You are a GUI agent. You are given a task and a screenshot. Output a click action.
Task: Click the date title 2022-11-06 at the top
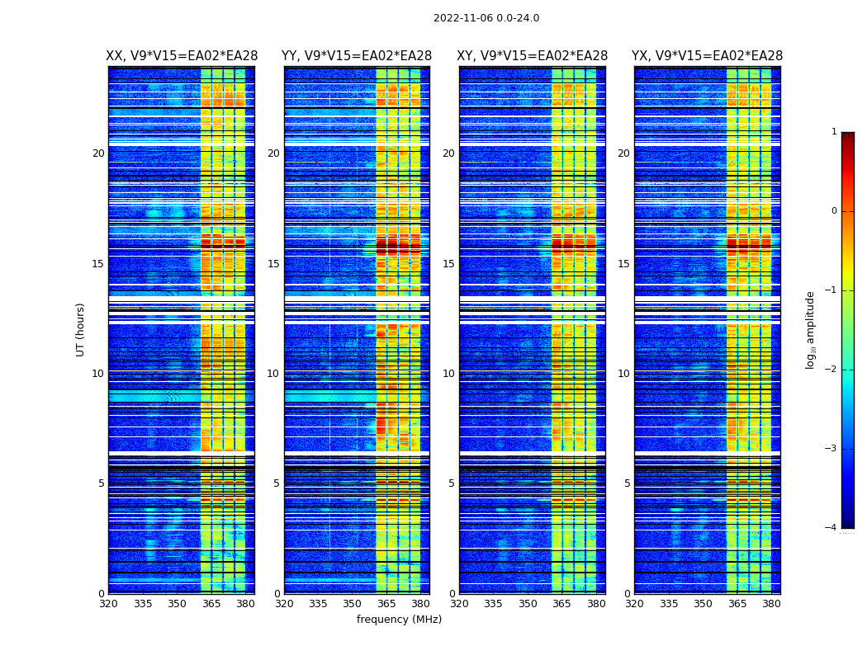point(486,18)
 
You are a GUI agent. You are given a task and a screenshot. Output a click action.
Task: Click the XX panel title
point(182,56)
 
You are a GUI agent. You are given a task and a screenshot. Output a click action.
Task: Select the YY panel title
point(357,56)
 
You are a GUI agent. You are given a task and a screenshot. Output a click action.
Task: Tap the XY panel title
point(532,56)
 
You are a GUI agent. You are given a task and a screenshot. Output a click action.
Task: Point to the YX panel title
point(707,56)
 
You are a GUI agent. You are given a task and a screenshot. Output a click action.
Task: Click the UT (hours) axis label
point(81,329)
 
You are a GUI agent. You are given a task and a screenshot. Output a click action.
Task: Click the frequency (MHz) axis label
point(399,620)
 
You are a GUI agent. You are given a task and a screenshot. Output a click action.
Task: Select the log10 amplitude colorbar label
point(811,329)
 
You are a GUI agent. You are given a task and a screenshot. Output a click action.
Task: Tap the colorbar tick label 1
point(834,132)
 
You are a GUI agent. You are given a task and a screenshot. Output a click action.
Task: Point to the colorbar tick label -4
point(831,528)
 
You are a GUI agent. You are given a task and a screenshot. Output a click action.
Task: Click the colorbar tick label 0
point(834,211)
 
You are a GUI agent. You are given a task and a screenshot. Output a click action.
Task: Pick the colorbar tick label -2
point(831,370)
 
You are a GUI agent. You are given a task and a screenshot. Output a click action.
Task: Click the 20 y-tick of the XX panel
point(98,153)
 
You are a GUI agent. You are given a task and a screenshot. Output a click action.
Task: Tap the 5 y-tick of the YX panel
point(627,483)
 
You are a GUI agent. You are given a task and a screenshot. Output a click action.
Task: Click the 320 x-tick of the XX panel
point(108,604)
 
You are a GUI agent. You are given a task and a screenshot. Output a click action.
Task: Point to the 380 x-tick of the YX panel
point(771,604)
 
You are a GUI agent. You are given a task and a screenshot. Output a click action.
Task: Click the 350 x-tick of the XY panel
point(528,604)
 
